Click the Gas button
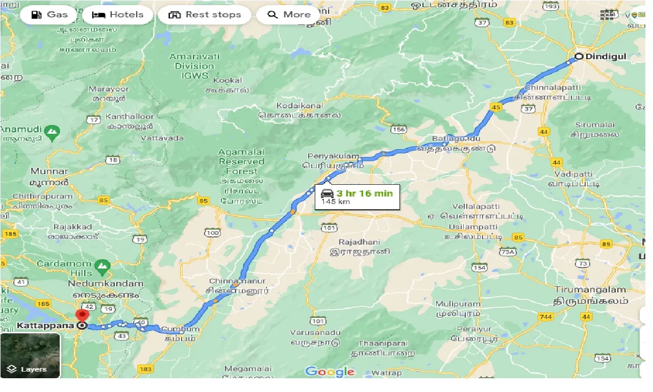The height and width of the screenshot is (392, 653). pyautogui.click(x=49, y=15)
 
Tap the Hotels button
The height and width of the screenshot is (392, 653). pyautogui.click(x=117, y=15)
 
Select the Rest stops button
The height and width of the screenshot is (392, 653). pyautogui.click(x=205, y=15)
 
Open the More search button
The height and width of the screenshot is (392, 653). pyautogui.click(x=289, y=15)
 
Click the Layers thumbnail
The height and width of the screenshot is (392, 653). pyautogui.click(x=30, y=356)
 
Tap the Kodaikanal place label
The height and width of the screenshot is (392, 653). pyautogui.click(x=299, y=106)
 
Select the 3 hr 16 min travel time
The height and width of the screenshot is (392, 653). pyautogui.click(x=364, y=193)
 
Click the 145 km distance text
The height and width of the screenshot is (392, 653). pyautogui.click(x=333, y=202)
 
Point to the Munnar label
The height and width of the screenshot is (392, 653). pyautogui.click(x=49, y=171)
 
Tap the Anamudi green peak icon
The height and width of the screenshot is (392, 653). pyautogui.click(x=52, y=133)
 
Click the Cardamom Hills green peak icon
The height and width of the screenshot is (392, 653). pyautogui.click(x=103, y=266)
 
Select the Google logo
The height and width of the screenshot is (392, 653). pyautogui.click(x=330, y=372)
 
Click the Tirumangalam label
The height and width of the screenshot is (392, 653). pyautogui.click(x=590, y=290)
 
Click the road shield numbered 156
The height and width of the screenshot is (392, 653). pyautogui.click(x=398, y=130)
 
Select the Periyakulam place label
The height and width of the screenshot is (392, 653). pyautogui.click(x=334, y=156)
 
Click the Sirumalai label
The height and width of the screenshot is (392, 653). pyautogui.click(x=595, y=125)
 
